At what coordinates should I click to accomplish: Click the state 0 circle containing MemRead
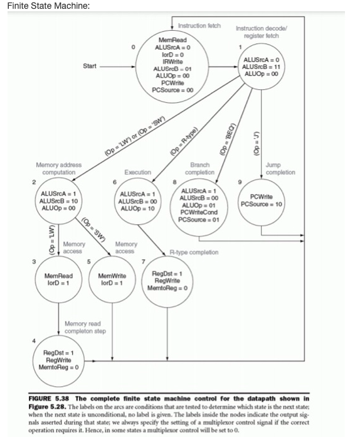174,65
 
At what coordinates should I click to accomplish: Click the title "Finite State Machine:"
49,6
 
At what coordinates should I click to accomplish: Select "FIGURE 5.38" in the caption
53,398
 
